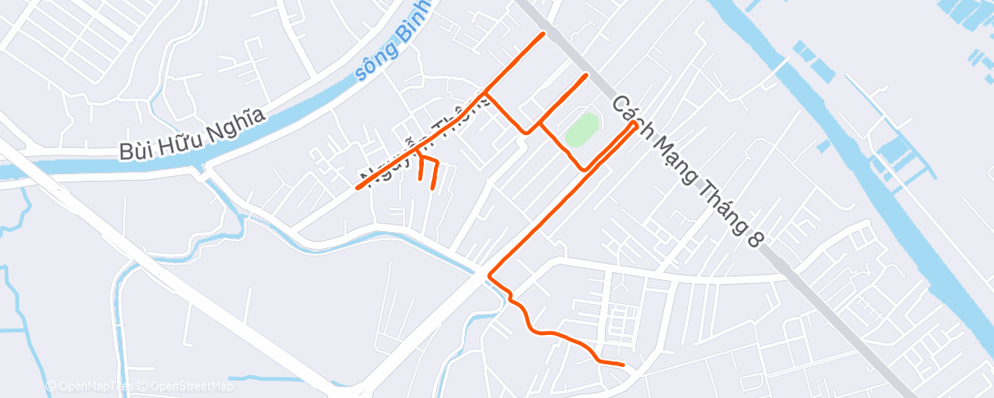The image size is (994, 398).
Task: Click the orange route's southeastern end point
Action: point(622,364)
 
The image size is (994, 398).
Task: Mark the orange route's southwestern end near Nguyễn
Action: point(357,188)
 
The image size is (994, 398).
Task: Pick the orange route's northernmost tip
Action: point(545,34)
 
